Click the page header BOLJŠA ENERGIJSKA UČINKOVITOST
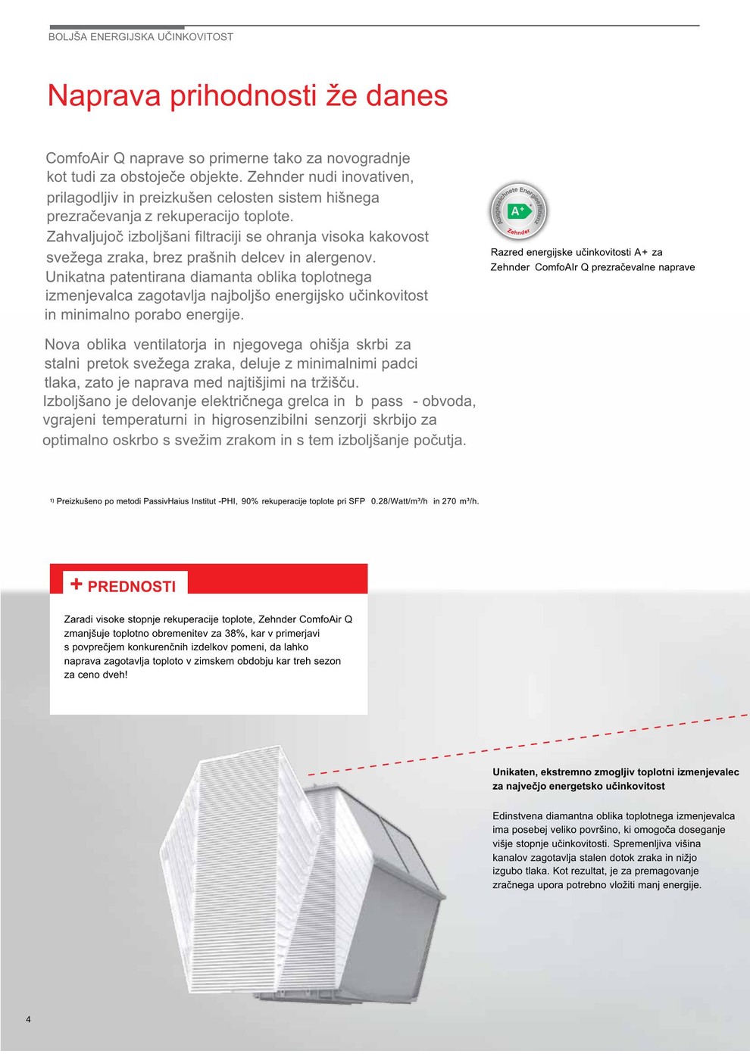[141, 36]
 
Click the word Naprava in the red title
[104, 96]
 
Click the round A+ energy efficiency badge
[517, 211]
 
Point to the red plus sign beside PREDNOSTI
[76, 584]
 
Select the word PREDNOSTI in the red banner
[132, 587]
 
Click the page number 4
[29, 1019]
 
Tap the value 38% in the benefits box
[236, 633]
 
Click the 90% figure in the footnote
[250, 501]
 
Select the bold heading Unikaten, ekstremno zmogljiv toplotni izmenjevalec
[615, 772]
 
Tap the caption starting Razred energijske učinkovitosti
[577, 252]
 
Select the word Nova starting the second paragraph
[61, 344]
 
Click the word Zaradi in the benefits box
[79, 619]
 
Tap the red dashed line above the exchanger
[530, 745]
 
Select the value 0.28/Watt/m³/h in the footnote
[399, 501]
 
